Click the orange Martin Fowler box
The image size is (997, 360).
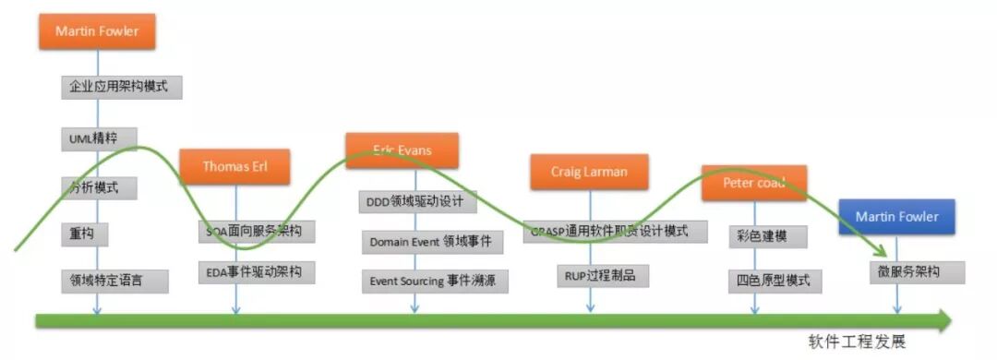[x=97, y=31]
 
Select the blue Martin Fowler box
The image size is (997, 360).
[x=896, y=217]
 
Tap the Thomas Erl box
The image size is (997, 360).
[x=234, y=167]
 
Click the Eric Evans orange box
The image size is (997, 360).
[x=402, y=150]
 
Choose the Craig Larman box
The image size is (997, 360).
[x=589, y=172]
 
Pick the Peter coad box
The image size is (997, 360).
[x=753, y=183]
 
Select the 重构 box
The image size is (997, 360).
[x=84, y=234]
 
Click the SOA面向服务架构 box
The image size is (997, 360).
[x=255, y=231]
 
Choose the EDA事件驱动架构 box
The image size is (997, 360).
[x=255, y=272]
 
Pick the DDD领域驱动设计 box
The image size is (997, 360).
[x=415, y=200]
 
